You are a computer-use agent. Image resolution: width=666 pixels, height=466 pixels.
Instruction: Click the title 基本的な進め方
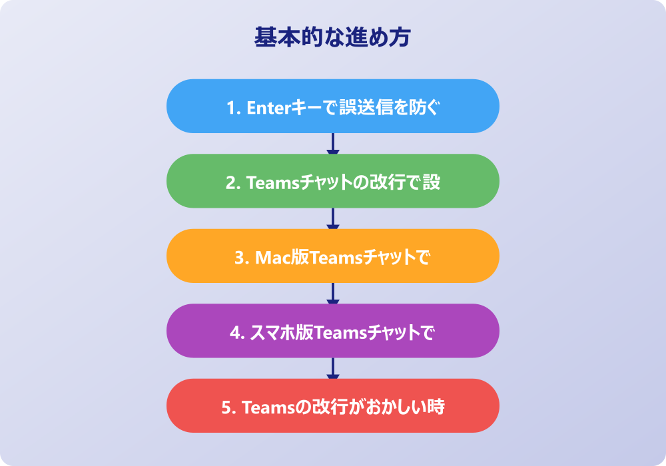point(332,37)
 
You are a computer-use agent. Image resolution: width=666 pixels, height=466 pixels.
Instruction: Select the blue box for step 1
point(332,107)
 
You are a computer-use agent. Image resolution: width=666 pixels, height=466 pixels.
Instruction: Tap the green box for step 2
point(332,181)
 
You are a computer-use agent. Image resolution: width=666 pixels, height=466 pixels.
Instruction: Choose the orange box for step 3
point(332,256)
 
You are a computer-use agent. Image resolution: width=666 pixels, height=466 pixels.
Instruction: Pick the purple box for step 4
point(332,331)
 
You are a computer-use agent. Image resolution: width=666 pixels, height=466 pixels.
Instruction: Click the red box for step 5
point(332,406)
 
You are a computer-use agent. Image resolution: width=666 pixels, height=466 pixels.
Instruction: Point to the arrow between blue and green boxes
point(333,144)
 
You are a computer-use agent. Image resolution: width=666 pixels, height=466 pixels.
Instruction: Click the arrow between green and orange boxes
point(333,218)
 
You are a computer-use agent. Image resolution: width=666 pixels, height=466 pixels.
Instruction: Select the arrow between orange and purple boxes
point(333,294)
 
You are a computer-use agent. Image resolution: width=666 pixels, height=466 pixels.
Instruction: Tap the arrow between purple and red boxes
point(333,368)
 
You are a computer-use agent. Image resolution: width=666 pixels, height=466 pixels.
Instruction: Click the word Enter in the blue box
point(266,107)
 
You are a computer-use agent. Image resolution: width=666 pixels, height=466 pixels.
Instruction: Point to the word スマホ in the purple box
point(270,332)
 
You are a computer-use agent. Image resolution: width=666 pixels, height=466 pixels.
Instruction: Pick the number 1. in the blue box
point(233,107)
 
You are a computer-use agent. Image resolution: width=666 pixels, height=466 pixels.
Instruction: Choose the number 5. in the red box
point(228,407)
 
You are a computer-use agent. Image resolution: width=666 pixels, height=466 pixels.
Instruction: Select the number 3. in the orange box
point(241,257)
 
